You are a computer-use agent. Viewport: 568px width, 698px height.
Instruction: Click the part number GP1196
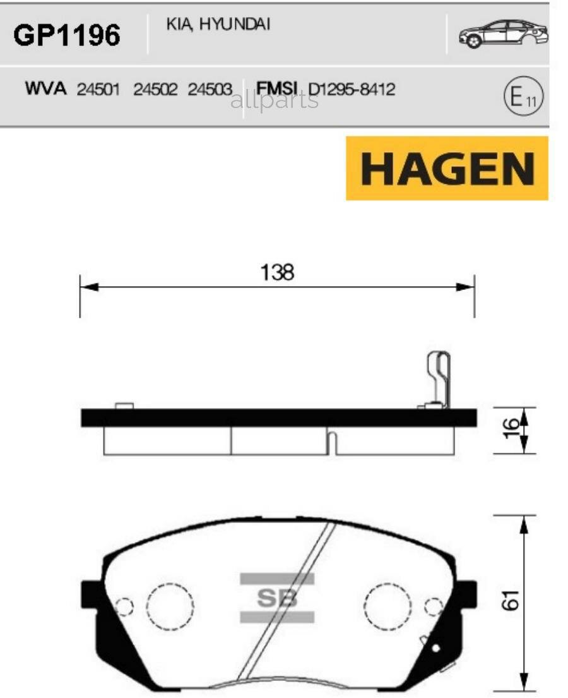[66, 35]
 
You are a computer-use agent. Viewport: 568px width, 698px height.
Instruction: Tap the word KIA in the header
[179, 25]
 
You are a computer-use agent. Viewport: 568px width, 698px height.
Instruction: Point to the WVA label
[45, 88]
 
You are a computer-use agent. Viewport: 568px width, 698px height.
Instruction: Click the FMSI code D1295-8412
[352, 89]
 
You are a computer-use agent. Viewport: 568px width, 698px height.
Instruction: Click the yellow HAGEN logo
[447, 169]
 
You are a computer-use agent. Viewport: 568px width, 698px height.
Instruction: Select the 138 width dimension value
[278, 273]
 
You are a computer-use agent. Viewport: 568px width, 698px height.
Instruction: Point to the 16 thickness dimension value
[512, 430]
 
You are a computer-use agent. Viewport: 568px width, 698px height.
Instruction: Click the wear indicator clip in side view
[439, 380]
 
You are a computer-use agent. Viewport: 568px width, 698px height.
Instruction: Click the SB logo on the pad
[278, 598]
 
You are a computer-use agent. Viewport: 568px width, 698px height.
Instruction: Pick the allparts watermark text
[275, 100]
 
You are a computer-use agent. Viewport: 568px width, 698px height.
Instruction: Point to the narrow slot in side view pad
[333, 442]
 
